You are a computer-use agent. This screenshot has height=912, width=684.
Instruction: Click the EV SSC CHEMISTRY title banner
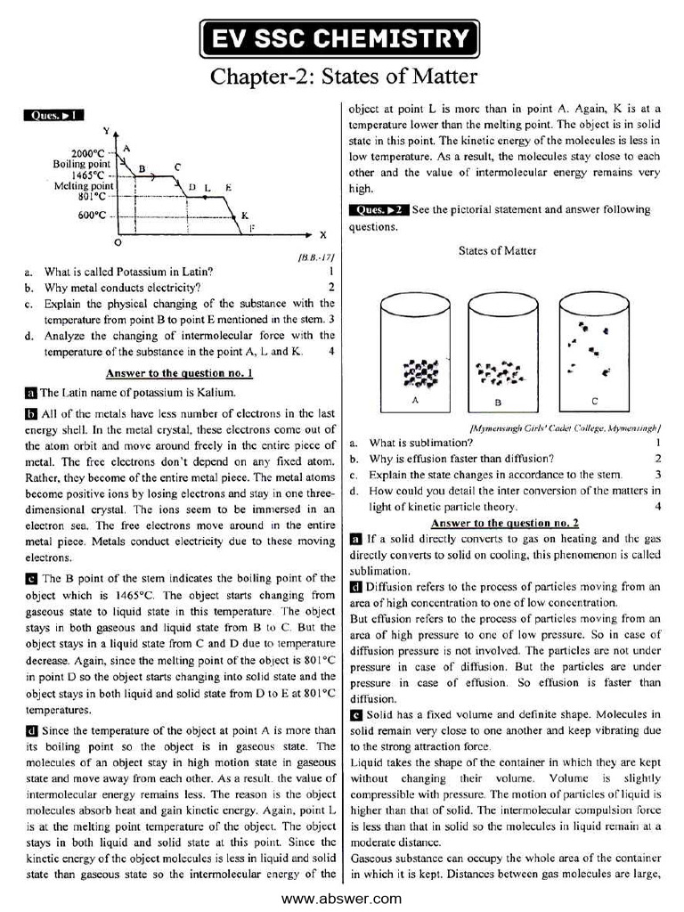341,38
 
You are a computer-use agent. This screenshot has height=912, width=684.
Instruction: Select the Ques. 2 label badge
379,210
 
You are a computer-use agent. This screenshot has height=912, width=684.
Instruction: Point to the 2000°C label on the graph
88,153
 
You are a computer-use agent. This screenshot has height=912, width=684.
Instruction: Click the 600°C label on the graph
92,215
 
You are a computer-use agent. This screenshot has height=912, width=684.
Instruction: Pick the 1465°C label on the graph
89,175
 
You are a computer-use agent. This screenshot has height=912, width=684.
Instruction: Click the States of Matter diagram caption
498,250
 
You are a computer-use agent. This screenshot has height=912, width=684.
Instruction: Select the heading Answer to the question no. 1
179,373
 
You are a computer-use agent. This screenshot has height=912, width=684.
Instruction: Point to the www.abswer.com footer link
341,899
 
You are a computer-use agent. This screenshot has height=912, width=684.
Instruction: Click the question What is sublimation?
421,442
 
